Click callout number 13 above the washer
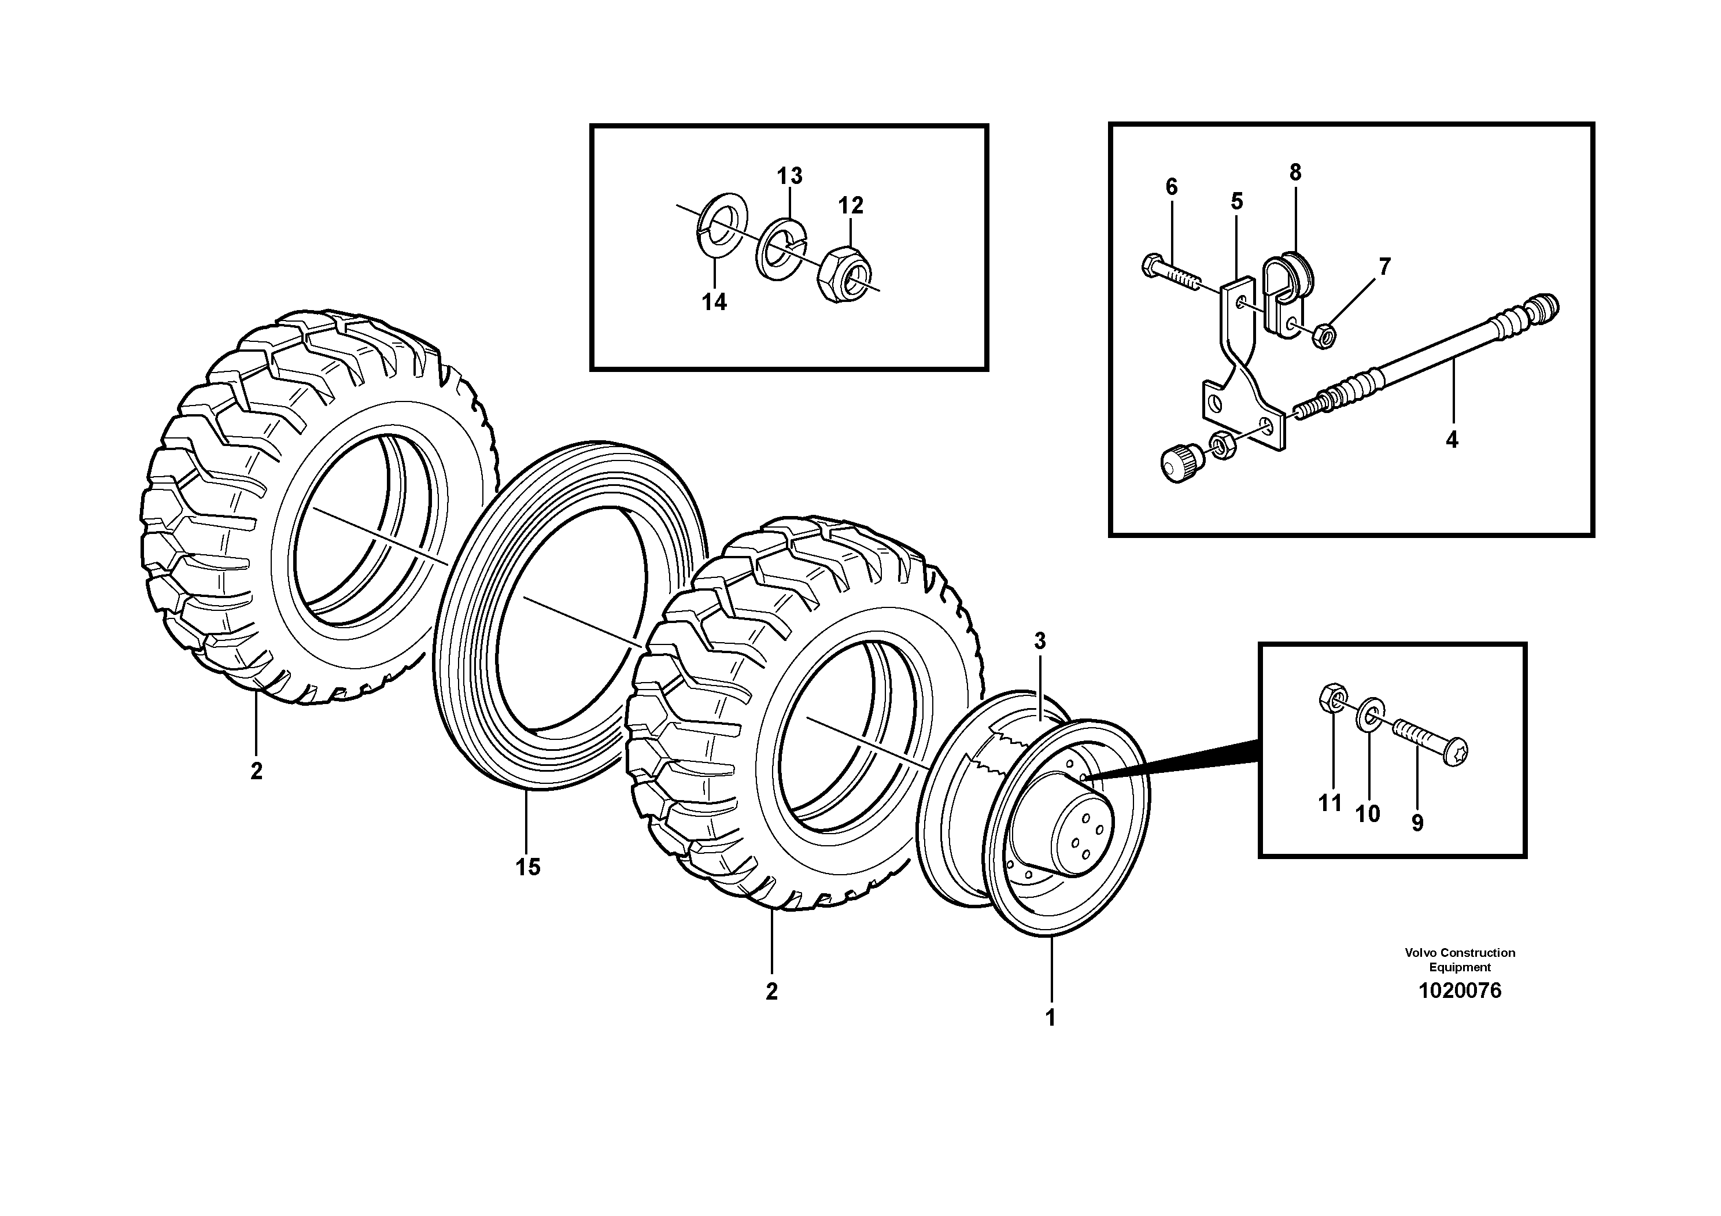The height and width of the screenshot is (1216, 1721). point(789,176)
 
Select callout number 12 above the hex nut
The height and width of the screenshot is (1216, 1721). point(850,205)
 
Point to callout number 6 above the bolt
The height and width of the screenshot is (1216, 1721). point(1171,187)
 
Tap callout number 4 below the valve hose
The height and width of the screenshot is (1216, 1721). point(1452,440)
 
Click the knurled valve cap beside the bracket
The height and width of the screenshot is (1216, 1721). point(1182,463)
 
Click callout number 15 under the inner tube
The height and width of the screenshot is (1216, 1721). point(528,867)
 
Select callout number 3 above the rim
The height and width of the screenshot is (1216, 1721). point(1040,641)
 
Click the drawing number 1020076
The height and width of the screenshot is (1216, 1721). point(1460,991)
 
